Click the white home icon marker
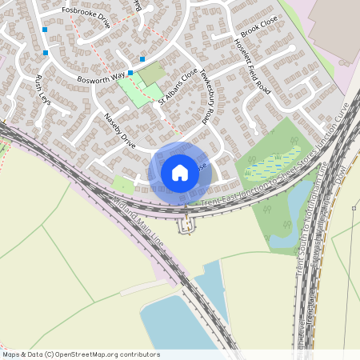(180, 173)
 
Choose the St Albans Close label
(177, 87)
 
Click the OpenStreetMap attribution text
(81, 354)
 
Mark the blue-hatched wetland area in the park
(273, 164)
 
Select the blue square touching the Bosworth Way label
(130, 72)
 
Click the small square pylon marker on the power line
(354, 208)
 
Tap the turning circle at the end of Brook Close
(294, 49)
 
